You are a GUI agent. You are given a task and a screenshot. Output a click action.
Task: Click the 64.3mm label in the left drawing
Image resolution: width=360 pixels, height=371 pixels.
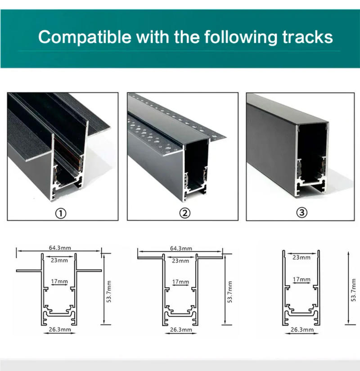coord(60,248)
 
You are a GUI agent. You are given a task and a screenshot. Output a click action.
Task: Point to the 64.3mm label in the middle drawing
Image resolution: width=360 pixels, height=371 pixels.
coord(181,248)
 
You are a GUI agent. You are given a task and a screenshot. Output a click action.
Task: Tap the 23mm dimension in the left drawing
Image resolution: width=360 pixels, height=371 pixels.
coord(59,260)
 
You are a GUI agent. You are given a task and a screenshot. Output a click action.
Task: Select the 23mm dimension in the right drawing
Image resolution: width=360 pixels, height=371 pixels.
coord(301,258)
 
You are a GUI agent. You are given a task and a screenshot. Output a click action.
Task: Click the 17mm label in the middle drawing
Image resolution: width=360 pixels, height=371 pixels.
coord(180,282)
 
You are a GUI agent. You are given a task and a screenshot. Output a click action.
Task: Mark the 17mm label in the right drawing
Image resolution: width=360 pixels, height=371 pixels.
coord(301,280)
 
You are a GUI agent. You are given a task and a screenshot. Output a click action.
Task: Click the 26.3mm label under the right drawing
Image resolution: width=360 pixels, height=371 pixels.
coord(301,330)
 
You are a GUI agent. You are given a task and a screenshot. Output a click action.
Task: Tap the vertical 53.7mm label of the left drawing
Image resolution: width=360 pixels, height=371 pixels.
coord(109,292)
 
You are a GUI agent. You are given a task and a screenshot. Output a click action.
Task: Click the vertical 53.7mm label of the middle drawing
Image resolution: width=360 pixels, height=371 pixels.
coord(229,292)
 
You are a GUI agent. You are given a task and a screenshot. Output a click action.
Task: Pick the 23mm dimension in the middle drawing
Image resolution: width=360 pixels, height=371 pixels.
coord(180,261)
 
